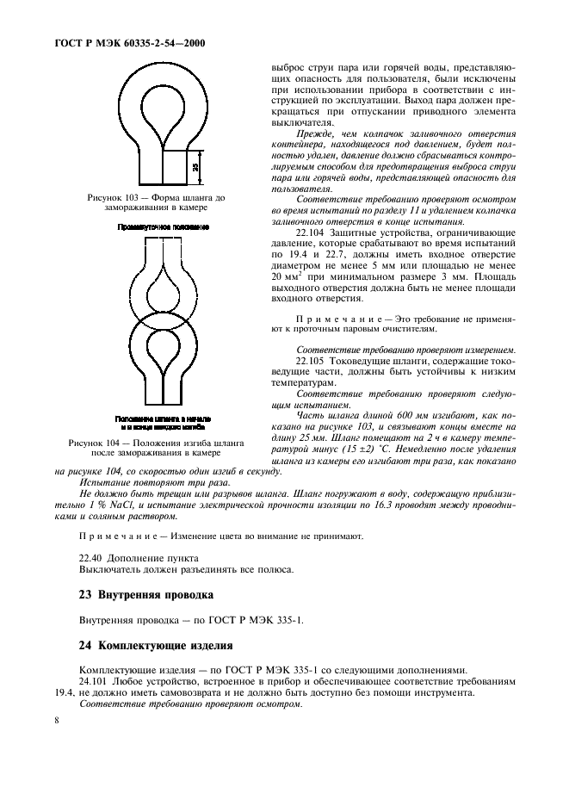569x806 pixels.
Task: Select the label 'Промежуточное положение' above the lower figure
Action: [164, 226]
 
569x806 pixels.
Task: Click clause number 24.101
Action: [96, 680]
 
